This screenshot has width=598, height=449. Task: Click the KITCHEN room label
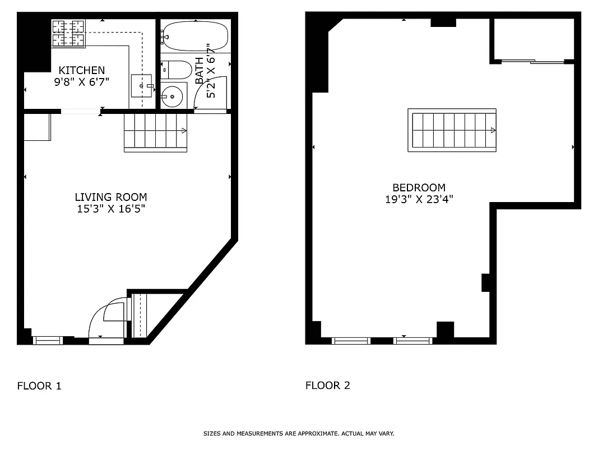[x=82, y=70]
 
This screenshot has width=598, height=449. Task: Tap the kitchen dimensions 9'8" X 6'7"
[x=82, y=81]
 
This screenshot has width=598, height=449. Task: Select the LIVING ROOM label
[x=111, y=197]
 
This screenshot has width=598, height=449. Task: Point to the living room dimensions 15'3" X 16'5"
[x=111, y=209]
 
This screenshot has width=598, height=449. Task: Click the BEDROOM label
[x=419, y=187]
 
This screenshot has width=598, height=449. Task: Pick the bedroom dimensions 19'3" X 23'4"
[x=419, y=199]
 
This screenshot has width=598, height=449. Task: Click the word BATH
[x=200, y=71]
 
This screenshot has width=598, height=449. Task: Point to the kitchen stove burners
[x=68, y=33]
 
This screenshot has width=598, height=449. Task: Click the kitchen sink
[x=141, y=85]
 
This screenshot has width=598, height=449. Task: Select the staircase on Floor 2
[x=452, y=130]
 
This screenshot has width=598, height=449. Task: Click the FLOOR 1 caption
[x=39, y=386]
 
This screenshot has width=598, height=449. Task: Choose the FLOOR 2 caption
[x=328, y=386]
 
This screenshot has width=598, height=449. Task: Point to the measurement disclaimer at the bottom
[x=298, y=434]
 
